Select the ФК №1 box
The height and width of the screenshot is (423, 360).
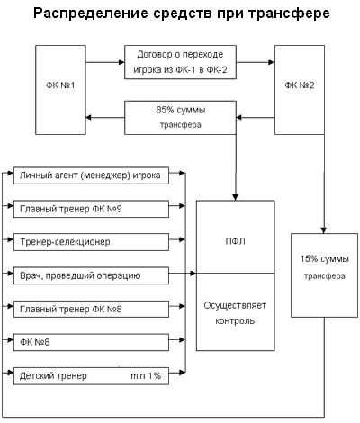coord(60,90)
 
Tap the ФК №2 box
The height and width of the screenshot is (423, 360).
coord(300,90)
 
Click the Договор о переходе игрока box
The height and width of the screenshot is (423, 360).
coord(180,62)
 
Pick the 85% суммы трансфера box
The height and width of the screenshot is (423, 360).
coord(180,118)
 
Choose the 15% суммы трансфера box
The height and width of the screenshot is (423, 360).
coord(324,275)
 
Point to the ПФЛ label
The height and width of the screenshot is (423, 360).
coord(235,241)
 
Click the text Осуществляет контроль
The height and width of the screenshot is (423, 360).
coord(235,313)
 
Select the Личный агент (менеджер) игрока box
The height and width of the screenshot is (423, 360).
coord(91,175)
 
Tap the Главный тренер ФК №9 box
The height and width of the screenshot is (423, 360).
coord(91,209)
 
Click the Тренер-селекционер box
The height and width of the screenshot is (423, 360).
coord(91,242)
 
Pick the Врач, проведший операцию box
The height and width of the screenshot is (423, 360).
coord(91,275)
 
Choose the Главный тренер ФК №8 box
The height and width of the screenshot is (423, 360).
coord(91,309)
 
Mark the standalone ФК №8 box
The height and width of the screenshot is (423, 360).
coord(91,342)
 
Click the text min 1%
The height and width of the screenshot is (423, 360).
coord(146,375)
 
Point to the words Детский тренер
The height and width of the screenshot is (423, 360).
coord(53,376)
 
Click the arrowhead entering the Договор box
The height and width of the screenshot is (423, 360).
coord(121,62)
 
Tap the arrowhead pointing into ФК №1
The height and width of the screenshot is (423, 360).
coord(89,118)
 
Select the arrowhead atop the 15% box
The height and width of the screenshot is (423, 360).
coord(324,230)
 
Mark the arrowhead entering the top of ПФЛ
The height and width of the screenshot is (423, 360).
coord(236,197)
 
